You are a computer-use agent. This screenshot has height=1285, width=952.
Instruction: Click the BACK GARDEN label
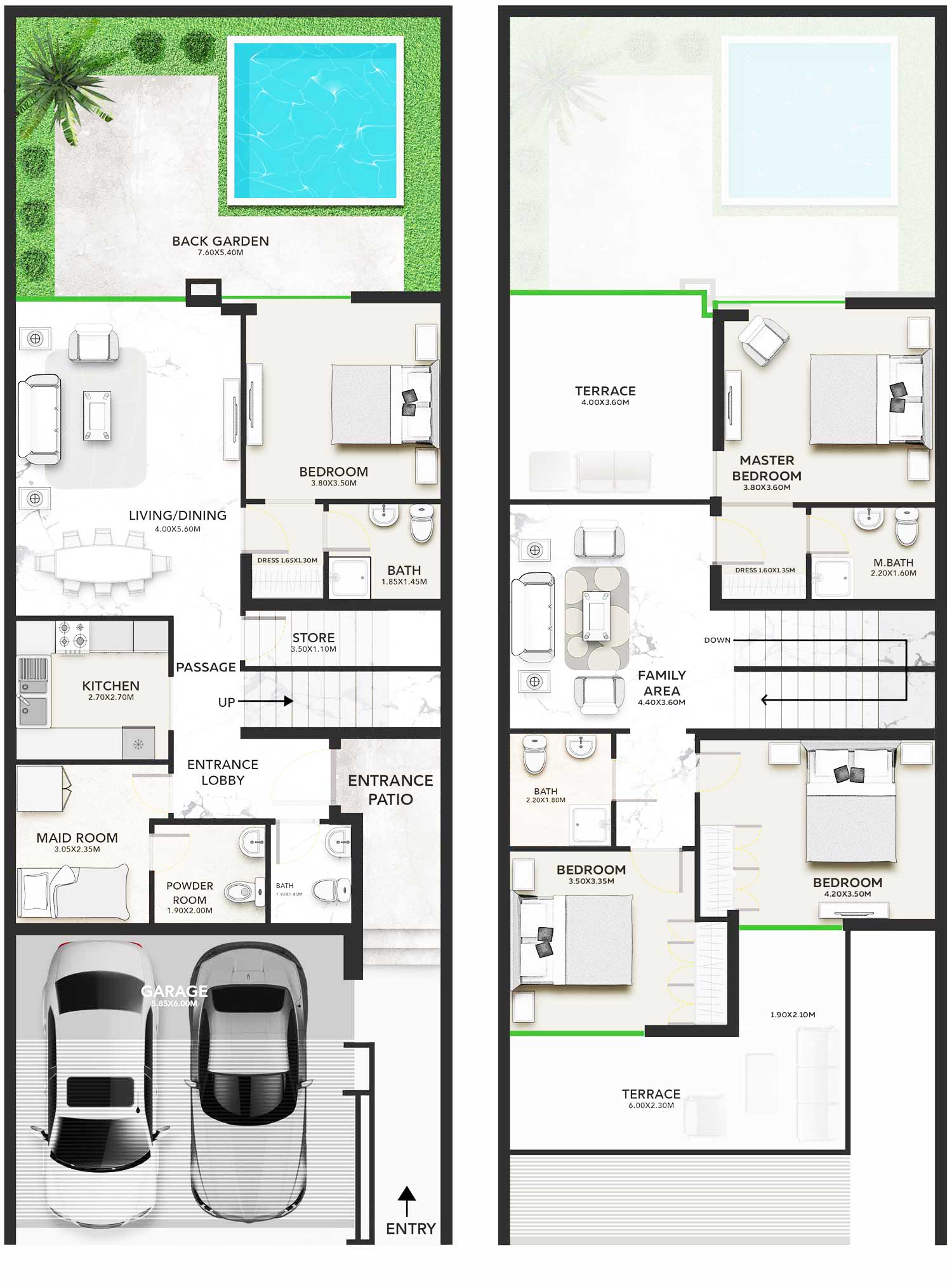click(220, 242)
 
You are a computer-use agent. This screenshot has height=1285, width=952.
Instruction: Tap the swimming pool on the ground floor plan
click(315, 121)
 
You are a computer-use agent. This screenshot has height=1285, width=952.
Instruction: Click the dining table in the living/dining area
click(103, 562)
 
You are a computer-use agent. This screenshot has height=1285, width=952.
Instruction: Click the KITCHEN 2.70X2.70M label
click(110, 689)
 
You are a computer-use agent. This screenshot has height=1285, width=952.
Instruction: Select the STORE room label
click(314, 638)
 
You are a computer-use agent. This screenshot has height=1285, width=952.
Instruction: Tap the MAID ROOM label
click(77, 838)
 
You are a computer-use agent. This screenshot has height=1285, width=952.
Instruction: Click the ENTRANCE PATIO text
click(390, 789)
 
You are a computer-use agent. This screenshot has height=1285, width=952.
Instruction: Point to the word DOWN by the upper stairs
click(717, 640)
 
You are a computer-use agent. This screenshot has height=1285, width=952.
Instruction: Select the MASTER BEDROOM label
click(767, 468)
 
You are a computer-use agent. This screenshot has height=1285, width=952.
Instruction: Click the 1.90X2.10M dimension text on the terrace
click(793, 1015)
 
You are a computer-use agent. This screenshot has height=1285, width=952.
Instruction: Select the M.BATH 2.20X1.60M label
click(893, 566)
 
